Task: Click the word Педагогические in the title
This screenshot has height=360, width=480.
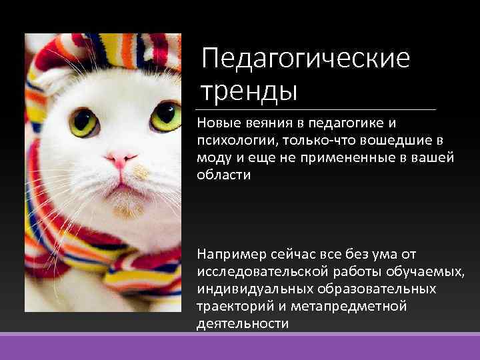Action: click(x=306, y=59)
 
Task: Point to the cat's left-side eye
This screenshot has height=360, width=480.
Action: click(x=84, y=122)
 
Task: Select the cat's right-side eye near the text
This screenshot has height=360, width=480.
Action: click(x=165, y=117)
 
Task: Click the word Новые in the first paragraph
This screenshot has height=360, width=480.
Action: click(x=216, y=124)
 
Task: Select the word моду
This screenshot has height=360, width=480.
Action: click(x=213, y=158)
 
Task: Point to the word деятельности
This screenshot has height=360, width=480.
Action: click(x=243, y=324)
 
